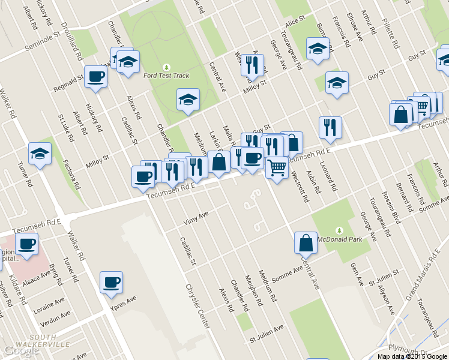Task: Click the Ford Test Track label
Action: click(x=166, y=76)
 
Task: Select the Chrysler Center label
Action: click(x=197, y=305)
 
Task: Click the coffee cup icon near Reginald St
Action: click(x=96, y=77)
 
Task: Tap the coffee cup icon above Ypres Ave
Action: click(x=111, y=282)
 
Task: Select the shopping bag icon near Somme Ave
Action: click(x=306, y=243)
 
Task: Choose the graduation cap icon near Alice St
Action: click(x=318, y=49)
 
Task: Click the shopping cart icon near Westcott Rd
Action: click(x=277, y=167)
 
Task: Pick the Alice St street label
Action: click(x=296, y=22)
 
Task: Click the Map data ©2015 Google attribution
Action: click(x=412, y=356)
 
